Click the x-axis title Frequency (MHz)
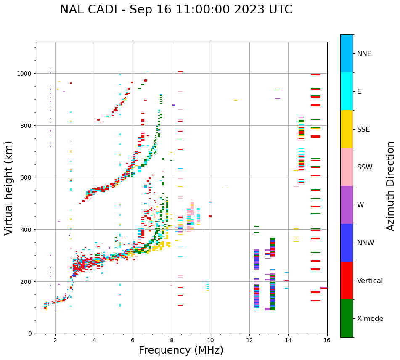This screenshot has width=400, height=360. click(x=181, y=350)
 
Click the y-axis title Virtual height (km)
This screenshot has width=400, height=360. click(x=9, y=188)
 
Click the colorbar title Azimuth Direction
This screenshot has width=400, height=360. click(x=391, y=186)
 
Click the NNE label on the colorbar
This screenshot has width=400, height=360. click(x=364, y=53)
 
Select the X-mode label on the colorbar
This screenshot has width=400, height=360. click(x=370, y=318)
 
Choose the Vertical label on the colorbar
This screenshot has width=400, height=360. click(x=370, y=281)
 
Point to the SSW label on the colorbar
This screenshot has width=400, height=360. click(x=365, y=167)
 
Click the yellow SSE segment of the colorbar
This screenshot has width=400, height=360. click(x=347, y=129)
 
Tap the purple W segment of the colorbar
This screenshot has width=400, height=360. click(x=347, y=205)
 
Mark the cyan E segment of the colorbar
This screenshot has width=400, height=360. click(x=347, y=91)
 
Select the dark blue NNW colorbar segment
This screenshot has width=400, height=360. click(x=347, y=243)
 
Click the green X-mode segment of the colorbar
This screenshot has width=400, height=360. click(x=347, y=318)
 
